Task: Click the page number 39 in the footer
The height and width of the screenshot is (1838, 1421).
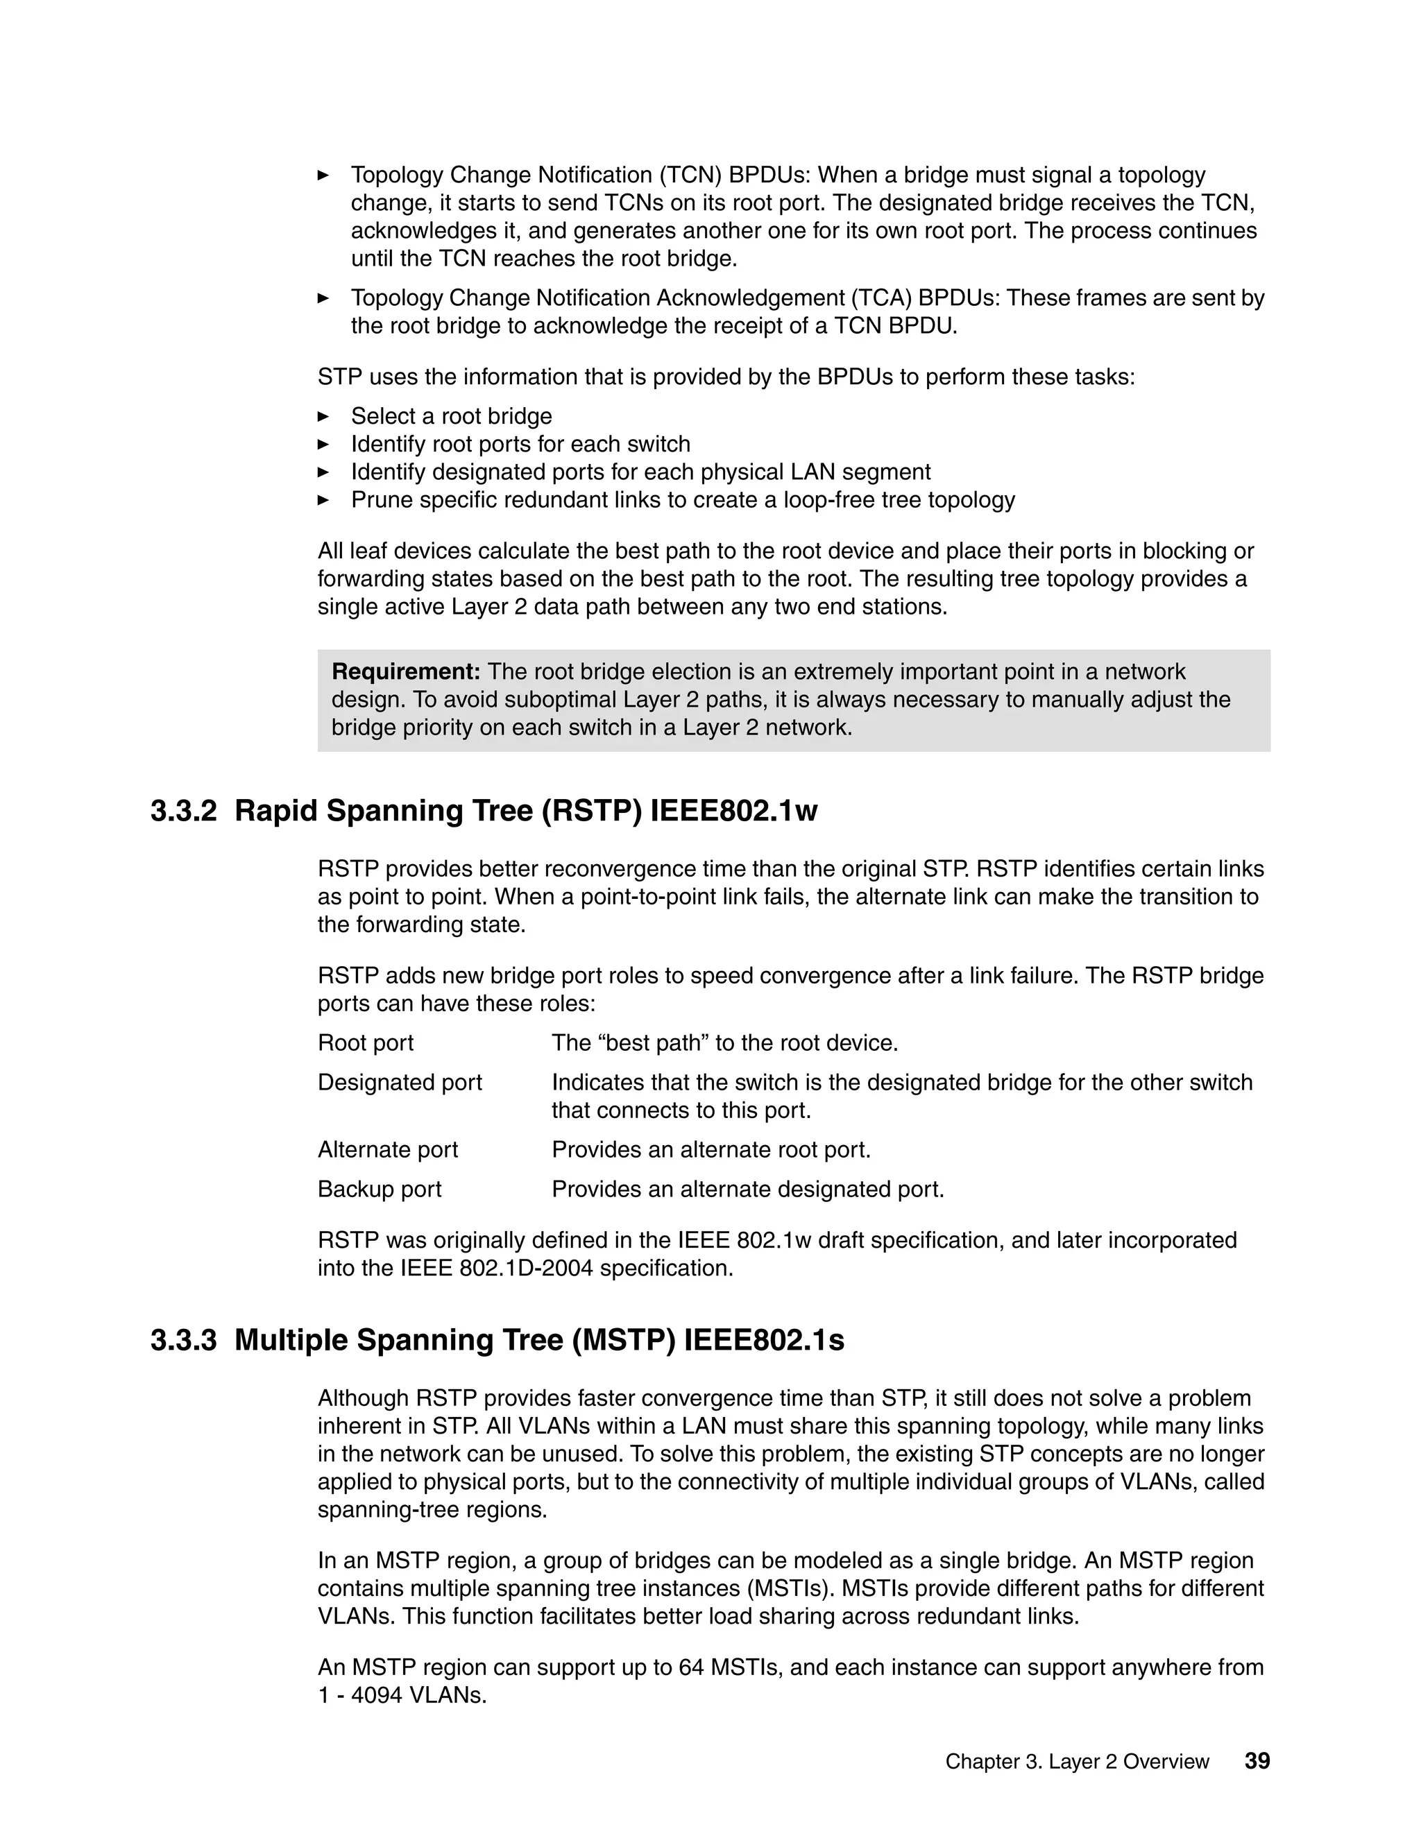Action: tap(1257, 1760)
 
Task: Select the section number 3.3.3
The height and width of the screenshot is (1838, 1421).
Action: tap(183, 1340)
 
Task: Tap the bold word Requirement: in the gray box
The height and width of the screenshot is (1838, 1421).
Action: tap(406, 671)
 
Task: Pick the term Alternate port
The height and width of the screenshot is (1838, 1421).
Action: tap(388, 1149)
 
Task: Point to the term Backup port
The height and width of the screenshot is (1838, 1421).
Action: tap(380, 1189)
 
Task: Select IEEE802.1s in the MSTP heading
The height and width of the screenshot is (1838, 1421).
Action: tap(763, 1340)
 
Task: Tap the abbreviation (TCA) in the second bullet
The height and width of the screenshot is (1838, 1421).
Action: tap(880, 298)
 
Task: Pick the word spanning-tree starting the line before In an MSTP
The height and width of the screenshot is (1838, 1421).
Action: tap(387, 1510)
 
